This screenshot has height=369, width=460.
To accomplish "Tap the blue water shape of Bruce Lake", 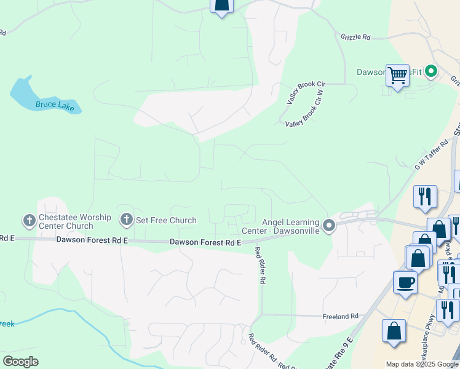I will pos(25,92).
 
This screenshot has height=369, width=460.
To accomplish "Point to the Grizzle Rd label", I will pos(355,37).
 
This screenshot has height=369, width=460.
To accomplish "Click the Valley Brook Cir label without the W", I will pos(306,84).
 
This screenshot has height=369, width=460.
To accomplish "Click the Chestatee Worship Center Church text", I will pos(75,222).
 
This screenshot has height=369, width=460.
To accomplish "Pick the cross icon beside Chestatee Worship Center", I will pos(29,220).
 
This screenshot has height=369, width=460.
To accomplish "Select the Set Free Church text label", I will pos(166,220).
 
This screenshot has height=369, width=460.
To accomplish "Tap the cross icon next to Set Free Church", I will pos(127,219).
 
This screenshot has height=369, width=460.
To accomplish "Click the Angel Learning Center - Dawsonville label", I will pos(291,226).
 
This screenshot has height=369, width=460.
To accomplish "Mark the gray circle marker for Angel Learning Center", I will pos(329,226).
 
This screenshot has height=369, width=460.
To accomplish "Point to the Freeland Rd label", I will pos(341,316).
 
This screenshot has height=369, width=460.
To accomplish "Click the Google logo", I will pos(20,361).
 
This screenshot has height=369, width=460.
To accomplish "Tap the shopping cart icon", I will pos(398,75).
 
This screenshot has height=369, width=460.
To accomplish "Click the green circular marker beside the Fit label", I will pos(430,72).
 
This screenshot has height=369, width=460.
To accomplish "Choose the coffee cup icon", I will pos(405,282).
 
